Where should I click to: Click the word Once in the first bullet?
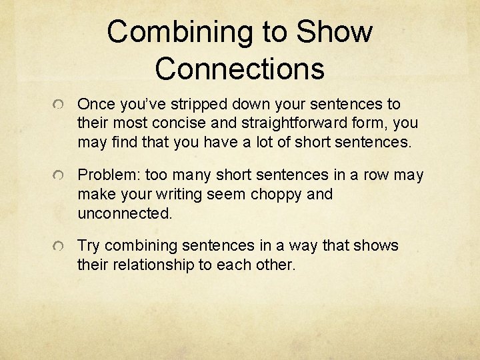tap(95, 105)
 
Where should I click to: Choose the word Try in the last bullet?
tap(89, 246)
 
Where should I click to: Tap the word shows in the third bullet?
tap(377, 246)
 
